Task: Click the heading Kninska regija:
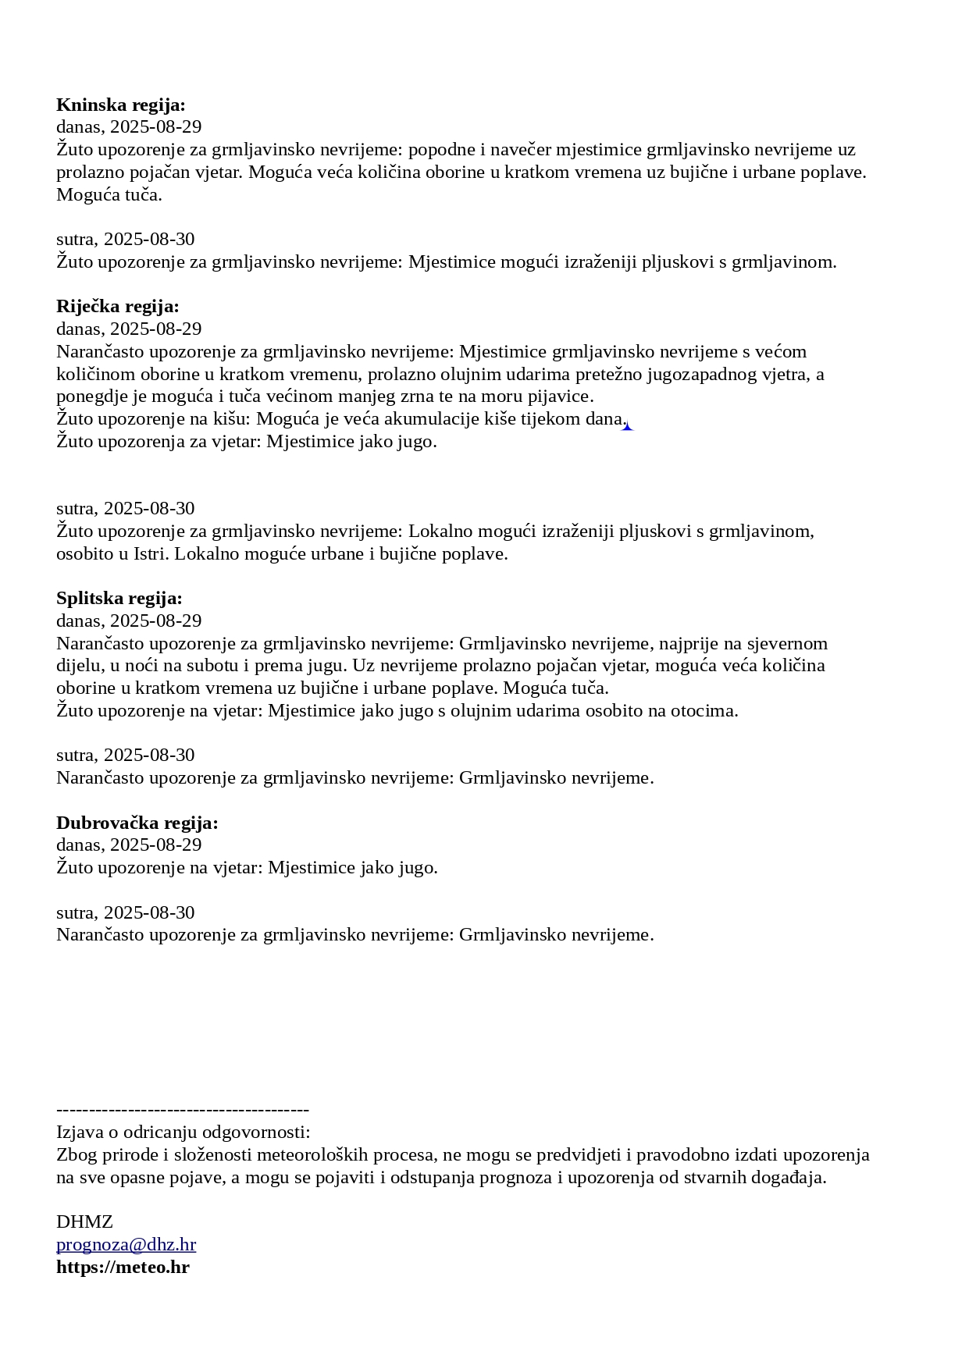pos(121,105)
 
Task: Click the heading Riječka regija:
pos(118,306)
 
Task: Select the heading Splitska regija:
pos(119,599)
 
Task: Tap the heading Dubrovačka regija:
pos(137,823)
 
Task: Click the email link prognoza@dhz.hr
pos(126,1244)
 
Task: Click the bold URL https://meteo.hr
pos(123,1267)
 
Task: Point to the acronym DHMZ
pos(84,1221)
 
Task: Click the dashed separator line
pos(183,1110)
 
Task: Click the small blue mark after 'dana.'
pos(627,426)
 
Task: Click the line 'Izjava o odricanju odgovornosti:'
pos(183,1133)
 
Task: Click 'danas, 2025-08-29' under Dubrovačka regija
pos(129,845)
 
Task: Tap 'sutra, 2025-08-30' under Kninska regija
pos(126,239)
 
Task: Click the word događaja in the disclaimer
pos(787,1178)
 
